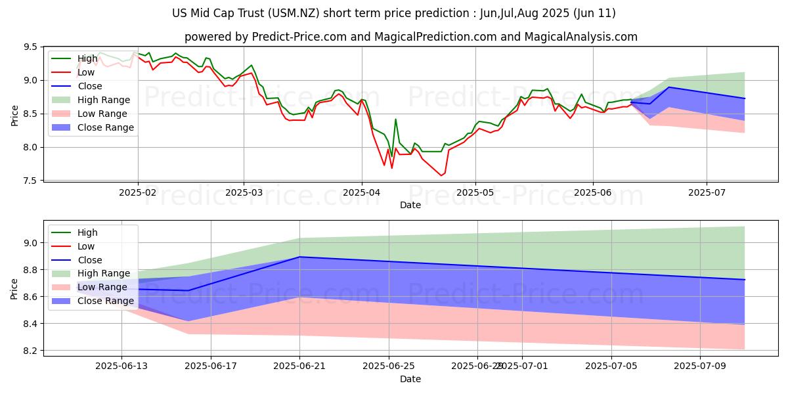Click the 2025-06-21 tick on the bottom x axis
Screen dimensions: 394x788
coord(299,365)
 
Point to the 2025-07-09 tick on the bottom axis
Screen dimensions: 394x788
coord(700,365)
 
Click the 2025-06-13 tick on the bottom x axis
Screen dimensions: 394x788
coord(121,365)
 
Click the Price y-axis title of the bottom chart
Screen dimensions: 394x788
coord(14,288)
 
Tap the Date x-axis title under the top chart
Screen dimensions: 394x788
coord(410,206)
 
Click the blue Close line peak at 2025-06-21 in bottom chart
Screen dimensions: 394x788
coord(299,257)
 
